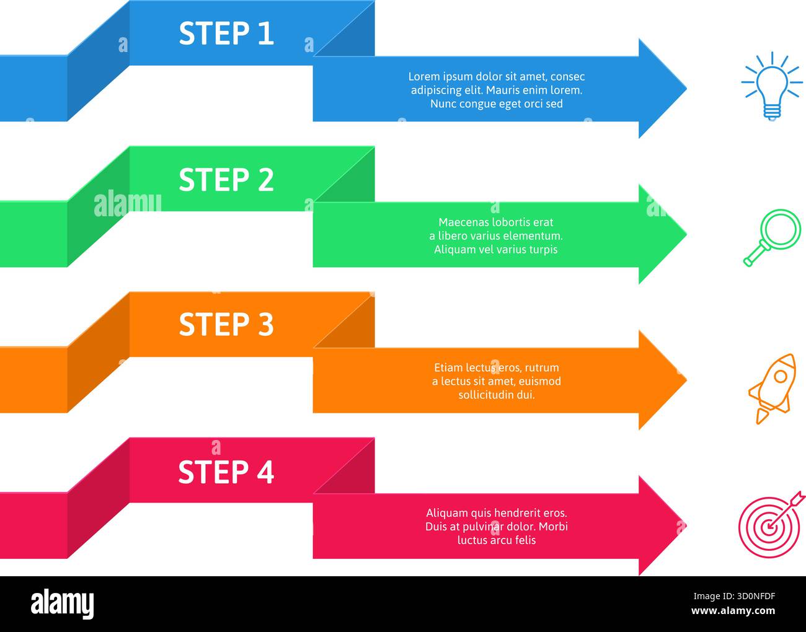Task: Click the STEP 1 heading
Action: point(226,33)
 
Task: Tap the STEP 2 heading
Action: point(226,180)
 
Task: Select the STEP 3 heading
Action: point(226,325)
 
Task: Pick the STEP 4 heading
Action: point(226,472)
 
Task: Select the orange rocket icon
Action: point(773,388)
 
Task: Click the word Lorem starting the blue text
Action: point(423,77)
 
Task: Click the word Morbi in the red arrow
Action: point(553,527)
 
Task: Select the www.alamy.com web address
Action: point(733,611)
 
